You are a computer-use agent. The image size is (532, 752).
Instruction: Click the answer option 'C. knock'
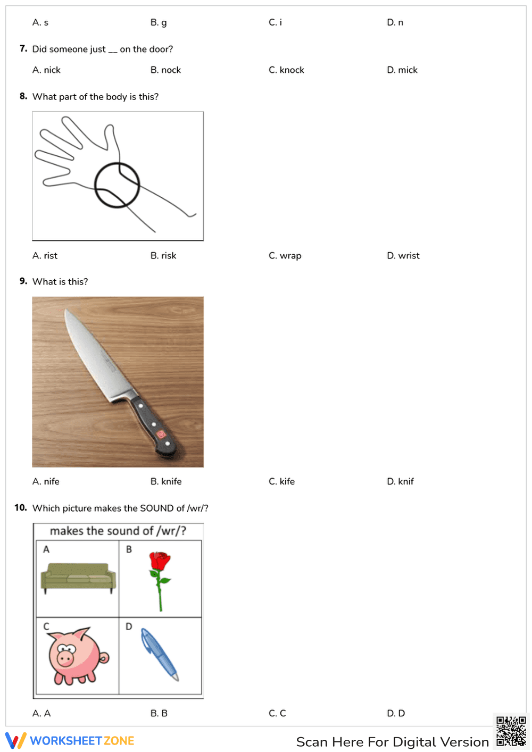[x=286, y=70]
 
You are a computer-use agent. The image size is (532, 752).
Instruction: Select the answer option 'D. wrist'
[x=403, y=256]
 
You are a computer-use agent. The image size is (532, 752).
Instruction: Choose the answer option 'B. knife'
[x=166, y=482]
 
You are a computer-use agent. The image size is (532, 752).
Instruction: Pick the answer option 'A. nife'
[x=46, y=482]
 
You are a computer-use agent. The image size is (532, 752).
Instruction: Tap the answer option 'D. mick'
[x=402, y=70]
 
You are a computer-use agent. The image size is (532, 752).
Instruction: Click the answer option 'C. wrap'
[x=285, y=256]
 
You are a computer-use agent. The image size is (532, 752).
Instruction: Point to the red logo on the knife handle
[x=161, y=435]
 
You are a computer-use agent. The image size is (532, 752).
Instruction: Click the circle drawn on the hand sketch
[x=117, y=185]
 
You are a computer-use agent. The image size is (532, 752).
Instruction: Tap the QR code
[x=511, y=731]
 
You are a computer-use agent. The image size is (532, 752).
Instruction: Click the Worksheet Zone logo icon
[x=15, y=741]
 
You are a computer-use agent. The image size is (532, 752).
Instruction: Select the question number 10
[x=21, y=508]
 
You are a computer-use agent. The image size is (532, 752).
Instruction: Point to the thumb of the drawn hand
[x=111, y=138]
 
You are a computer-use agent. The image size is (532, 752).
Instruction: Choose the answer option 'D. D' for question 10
[x=396, y=714]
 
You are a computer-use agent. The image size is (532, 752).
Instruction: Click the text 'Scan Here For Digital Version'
[x=392, y=742]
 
